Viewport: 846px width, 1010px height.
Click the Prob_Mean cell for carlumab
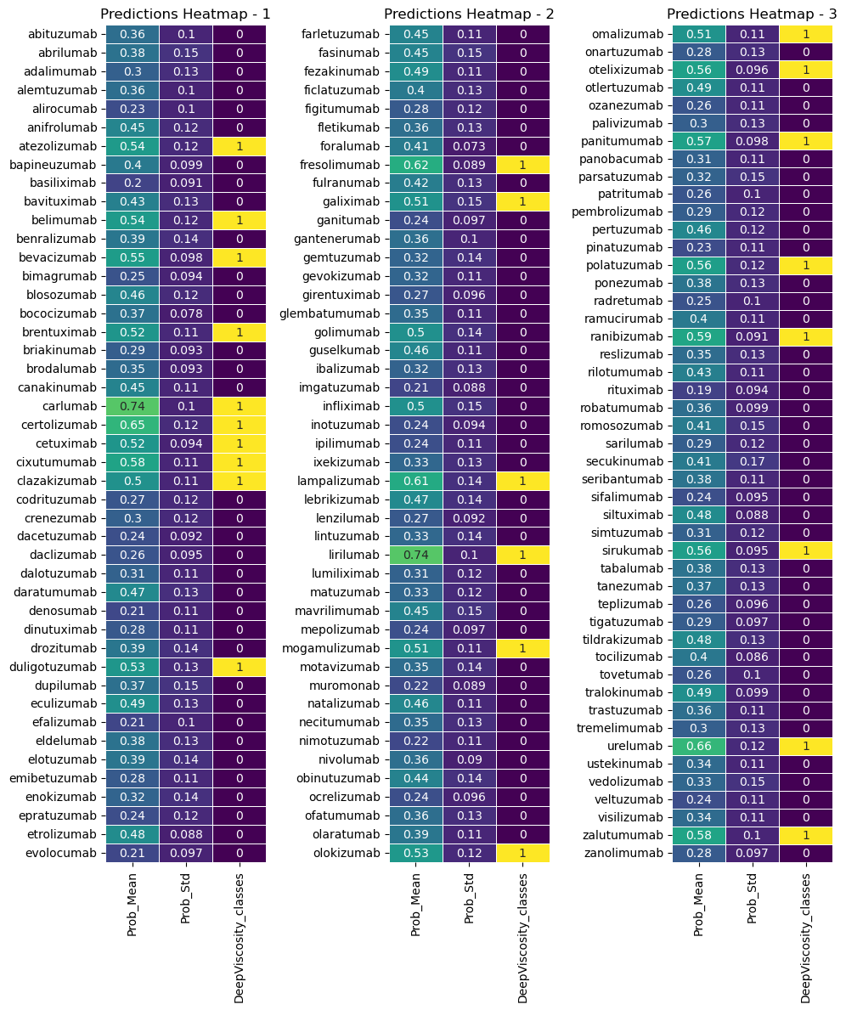(x=133, y=406)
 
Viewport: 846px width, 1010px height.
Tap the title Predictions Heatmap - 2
(x=469, y=14)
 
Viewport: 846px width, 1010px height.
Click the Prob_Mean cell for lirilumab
(x=416, y=556)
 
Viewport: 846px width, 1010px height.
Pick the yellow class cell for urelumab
(x=806, y=746)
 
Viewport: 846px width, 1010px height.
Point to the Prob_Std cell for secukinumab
(x=753, y=461)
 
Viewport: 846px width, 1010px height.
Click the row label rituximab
(x=634, y=390)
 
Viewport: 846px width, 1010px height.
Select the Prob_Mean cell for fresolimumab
(x=416, y=165)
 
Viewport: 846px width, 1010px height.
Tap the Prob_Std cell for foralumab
(x=470, y=146)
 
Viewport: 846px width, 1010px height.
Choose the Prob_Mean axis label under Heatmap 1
(x=133, y=905)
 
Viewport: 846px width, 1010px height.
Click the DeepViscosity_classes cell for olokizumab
(x=523, y=853)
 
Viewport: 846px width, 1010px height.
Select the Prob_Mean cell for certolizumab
(x=133, y=425)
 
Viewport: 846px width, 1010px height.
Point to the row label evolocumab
(x=62, y=853)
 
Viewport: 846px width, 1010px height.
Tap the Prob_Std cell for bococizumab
(x=186, y=313)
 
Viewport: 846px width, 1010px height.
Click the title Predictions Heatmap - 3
(x=752, y=14)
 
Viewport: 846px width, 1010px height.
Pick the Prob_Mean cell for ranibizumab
(x=699, y=336)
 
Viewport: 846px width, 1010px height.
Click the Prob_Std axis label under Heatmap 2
(x=470, y=899)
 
